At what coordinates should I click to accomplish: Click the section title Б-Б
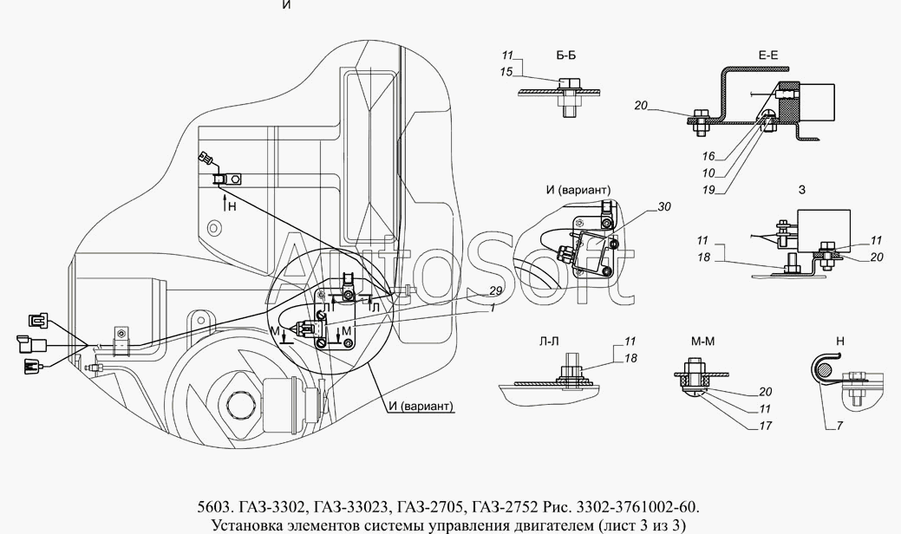click(565, 55)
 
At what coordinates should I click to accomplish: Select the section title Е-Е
click(768, 55)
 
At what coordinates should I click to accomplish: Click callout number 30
click(665, 206)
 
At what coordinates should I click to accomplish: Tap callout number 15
click(506, 71)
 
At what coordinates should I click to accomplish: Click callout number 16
click(709, 158)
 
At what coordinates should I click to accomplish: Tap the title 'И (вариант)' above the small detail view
click(578, 190)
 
